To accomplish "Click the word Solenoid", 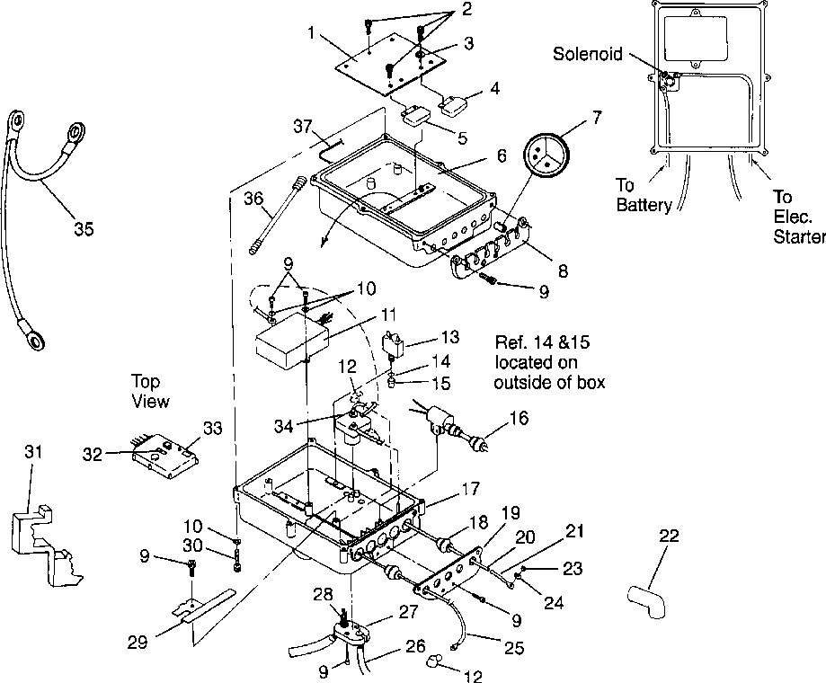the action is coord(587,54).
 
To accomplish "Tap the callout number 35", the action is coord(84,229).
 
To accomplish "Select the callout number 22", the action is coord(669,537).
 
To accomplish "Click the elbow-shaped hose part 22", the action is coord(647,601).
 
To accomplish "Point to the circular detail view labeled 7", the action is coord(546,156).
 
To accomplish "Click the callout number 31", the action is coord(33,452).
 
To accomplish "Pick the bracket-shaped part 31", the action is coord(45,545).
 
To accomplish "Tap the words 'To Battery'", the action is coord(644,195).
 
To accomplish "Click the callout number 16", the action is coord(519,418).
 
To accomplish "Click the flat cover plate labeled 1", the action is coord(390,66).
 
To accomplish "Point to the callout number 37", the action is coord(303,127).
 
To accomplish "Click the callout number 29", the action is coord(138,642).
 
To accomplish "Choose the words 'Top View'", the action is coord(150,391).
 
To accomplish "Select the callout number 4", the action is coord(494,88).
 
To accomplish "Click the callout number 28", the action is coord(323,594).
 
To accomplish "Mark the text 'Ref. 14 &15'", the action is coord(542,342).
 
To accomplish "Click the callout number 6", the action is coord(501,155).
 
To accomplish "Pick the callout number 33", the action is coord(212,428).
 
